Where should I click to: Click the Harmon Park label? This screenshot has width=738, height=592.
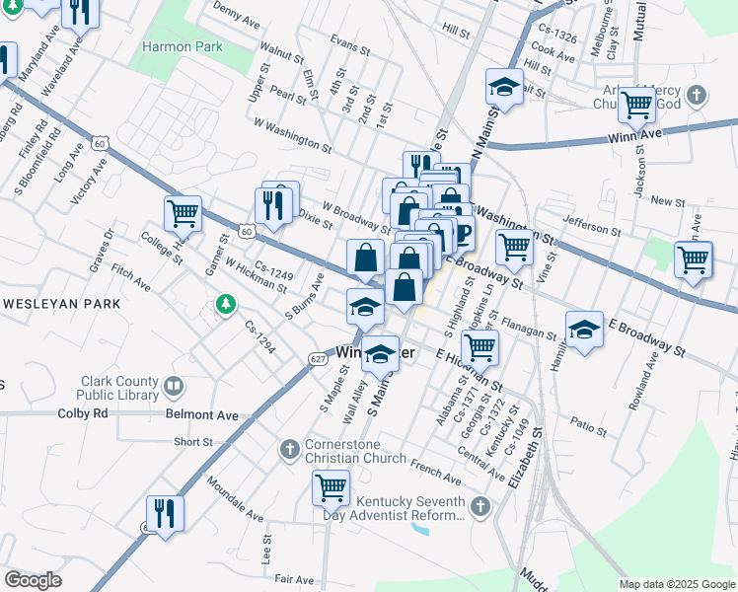pos(183,46)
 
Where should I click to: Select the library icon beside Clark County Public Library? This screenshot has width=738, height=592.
pos(175,386)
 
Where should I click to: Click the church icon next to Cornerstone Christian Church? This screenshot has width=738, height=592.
pos(290,450)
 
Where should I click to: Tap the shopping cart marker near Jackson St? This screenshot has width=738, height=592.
pos(636,103)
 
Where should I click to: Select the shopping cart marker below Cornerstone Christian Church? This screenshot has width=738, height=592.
pos(331,485)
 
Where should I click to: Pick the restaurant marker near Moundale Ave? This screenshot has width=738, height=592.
pos(164,512)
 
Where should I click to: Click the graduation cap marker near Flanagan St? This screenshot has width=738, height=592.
pos(584,329)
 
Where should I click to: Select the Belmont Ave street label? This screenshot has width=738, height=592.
pos(201,416)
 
